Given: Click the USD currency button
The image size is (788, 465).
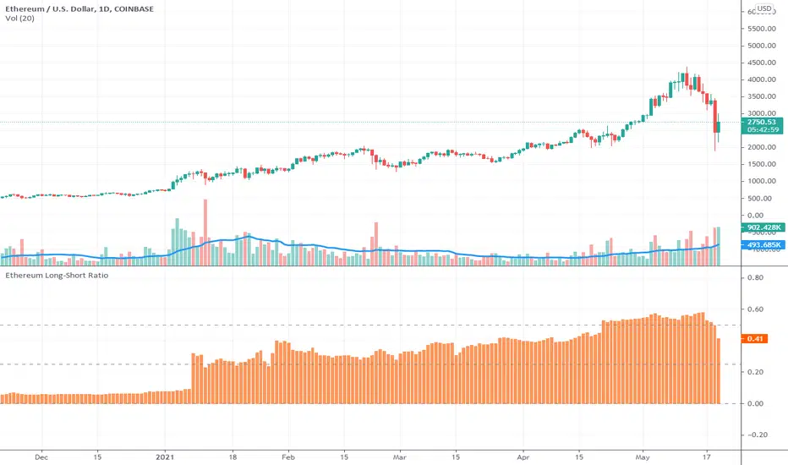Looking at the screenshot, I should tap(764, 10).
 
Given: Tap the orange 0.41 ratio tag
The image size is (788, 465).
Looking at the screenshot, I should tap(754, 339).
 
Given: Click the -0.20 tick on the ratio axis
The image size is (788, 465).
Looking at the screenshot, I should tap(754, 435).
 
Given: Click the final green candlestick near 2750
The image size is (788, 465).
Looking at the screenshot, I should tap(719, 127).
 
